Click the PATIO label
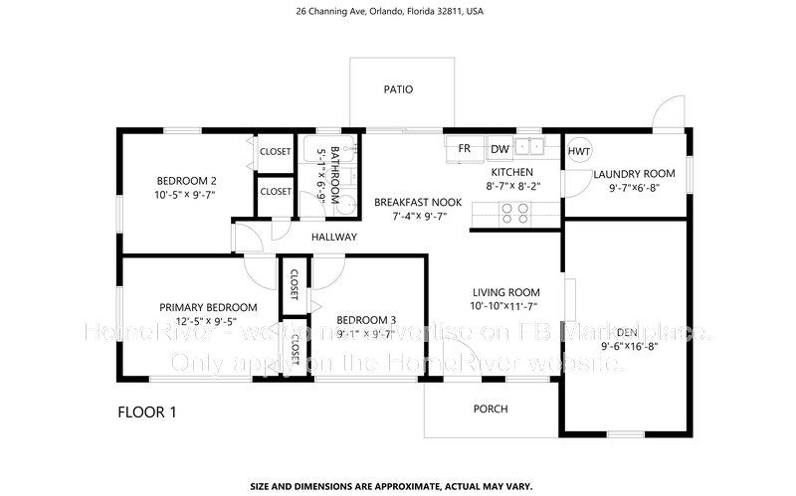pos(398,89)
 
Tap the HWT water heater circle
pos(579,151)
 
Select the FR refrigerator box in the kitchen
pos(464,149)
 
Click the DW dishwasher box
pos(499,149)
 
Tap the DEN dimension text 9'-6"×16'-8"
pos(630,346)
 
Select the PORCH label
pos(491,409)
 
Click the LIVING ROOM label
pos(505,291)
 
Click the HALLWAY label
pos(333,237)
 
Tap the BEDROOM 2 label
pos(186,181)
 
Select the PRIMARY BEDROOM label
pos(208,307)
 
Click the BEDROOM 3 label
pos(366,319)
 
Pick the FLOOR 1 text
pos(148,411)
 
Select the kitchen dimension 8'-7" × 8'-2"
pos(513,186)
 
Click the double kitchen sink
pos(530,149)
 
